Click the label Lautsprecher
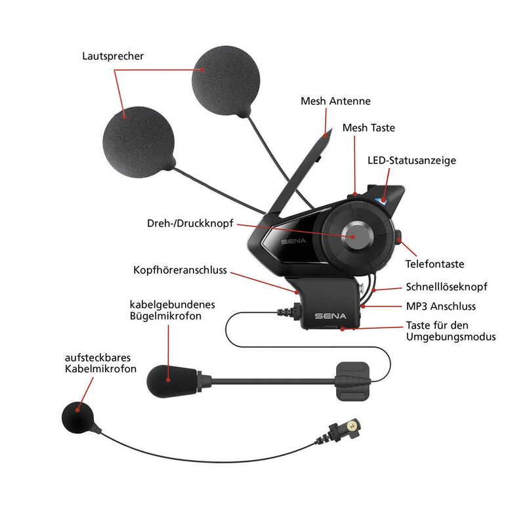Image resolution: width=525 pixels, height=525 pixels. pyautogui.click(x=113, y=56)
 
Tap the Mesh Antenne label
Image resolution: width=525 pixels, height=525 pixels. pyautogui.click(x=335, y=101)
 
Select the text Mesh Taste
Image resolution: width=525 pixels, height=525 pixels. pyautogui.click(x=368, y=128)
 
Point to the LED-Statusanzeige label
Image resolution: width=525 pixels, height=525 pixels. pyautogui.click(x=411, y=160)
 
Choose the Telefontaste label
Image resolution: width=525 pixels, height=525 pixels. pyautogui.click(x=434, y=264)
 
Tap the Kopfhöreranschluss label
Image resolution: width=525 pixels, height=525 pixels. pyautogui.click(x=180, y=270)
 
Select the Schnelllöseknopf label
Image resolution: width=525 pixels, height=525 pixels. pyautogui.click(x=446, y=287)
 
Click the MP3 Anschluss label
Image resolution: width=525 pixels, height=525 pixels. pyautogui.click(x=441, y=306)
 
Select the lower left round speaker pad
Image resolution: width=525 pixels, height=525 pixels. pyautogui.click(x=139, y=140)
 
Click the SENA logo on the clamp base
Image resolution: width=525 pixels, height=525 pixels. pyautogui.click(x=330, y=316)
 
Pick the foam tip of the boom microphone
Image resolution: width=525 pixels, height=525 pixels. pyautogui.click(x=169, y=379)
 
